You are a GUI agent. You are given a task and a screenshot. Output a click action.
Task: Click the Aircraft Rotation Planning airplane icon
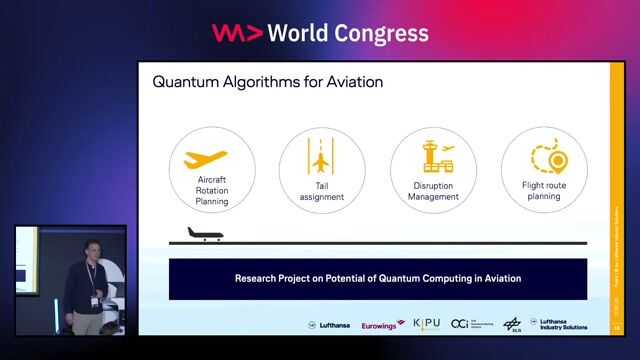212,160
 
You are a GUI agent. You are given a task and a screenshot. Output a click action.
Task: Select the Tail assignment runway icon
320,160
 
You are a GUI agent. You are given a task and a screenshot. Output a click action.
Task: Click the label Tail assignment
322,191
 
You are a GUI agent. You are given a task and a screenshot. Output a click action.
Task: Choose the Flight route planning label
547,190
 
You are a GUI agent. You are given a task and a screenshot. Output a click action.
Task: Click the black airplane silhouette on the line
204,235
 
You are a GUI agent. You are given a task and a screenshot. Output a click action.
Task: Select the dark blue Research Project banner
377,279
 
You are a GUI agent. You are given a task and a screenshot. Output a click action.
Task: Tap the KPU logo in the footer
426,324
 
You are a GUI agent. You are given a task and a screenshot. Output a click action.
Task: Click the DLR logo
512,324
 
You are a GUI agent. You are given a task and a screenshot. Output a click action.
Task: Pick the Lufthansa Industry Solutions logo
563,324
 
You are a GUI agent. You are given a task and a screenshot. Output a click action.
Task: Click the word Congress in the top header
379,33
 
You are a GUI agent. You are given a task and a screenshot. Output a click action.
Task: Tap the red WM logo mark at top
237,33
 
